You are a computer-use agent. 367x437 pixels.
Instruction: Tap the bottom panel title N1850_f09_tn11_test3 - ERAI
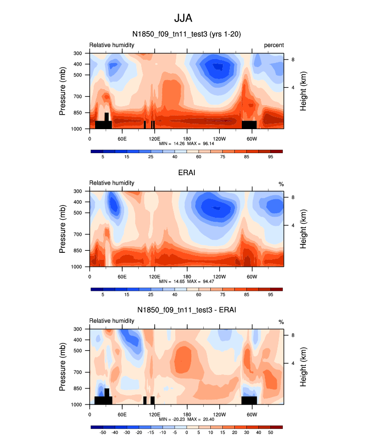point(186,310)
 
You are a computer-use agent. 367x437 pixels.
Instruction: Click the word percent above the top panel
point(273,45)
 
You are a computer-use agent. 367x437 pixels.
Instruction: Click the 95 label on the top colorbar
point(270,157)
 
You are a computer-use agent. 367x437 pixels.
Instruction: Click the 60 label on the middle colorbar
point(198,295)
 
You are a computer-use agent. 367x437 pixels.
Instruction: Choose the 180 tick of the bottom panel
point(187,414)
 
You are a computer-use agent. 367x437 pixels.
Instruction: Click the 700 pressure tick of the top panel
point(79,96)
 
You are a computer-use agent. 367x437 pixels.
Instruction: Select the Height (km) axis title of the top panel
point(303,91)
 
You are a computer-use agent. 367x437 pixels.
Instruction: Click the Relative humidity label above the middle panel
point(112,183)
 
